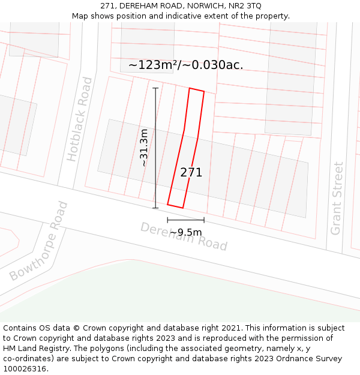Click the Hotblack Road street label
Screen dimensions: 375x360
click(x=80, y=119)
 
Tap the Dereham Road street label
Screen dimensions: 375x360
click(x=184, y=236)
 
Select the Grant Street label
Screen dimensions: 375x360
click(x=338, y=198)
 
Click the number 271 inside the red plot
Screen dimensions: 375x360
click(x=191, y=173)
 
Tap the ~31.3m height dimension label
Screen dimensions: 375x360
click(x=144, y=148)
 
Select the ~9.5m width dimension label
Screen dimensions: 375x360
click(x=185, y=232)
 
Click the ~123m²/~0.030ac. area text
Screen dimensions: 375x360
click(x=186, y=65)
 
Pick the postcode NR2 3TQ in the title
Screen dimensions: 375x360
click(x=244, y=6)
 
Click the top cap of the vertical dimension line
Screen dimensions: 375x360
click(x=155, y=88)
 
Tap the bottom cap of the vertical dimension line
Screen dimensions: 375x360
click(x=155, y=208)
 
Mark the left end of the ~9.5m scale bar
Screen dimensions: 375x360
click(x=167, y=220)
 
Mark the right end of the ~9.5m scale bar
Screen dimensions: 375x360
click(x=204, y=220)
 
